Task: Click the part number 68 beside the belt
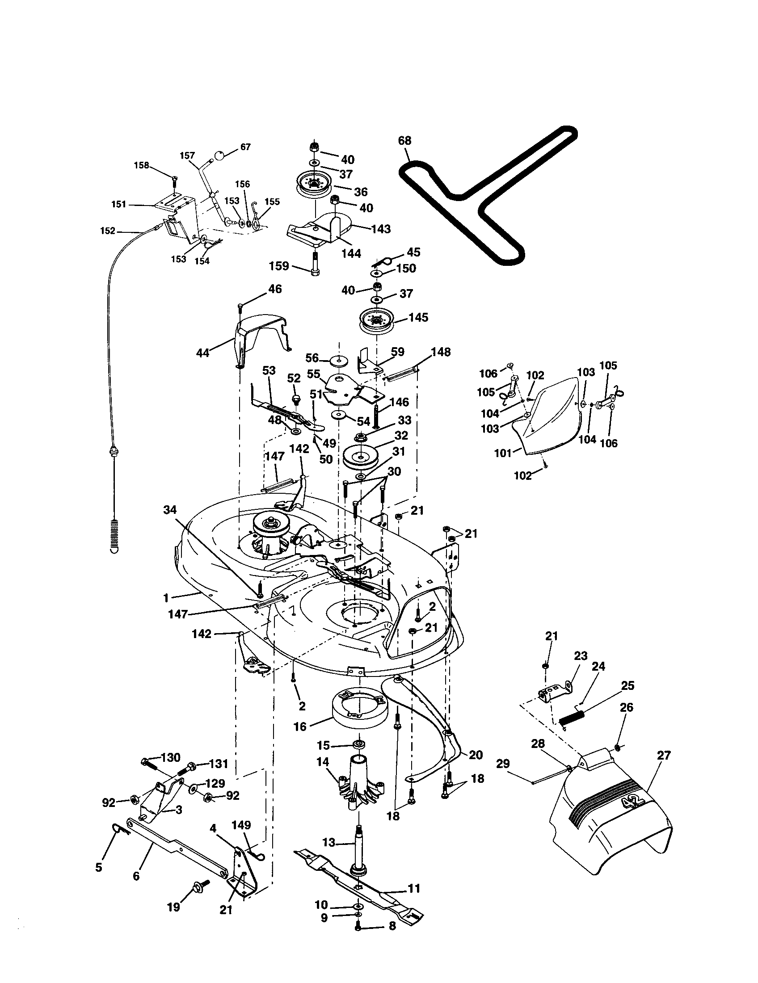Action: click(x=404, y=141)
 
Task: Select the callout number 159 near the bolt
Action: click(x=278, y=266)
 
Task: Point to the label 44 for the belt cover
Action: click(x=203, y=353)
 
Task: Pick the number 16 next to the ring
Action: click(x=300, y=726)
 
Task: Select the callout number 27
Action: click(x=664, y=755)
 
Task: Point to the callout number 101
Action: click(x=503, y=453)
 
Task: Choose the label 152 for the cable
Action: click(x=108, y=231)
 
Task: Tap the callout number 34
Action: click(x=170, y=509)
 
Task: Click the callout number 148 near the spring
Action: click(x=441, y=352)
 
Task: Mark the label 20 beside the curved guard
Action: click(x=476, y=755)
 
